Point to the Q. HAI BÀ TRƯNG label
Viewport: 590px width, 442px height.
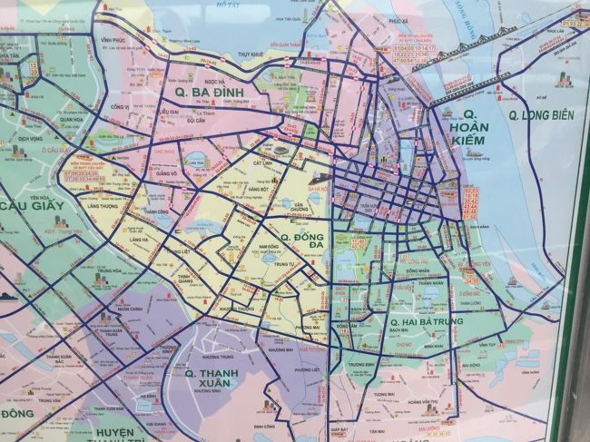tap(426, 321)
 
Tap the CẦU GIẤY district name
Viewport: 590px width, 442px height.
tap(32, 206)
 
